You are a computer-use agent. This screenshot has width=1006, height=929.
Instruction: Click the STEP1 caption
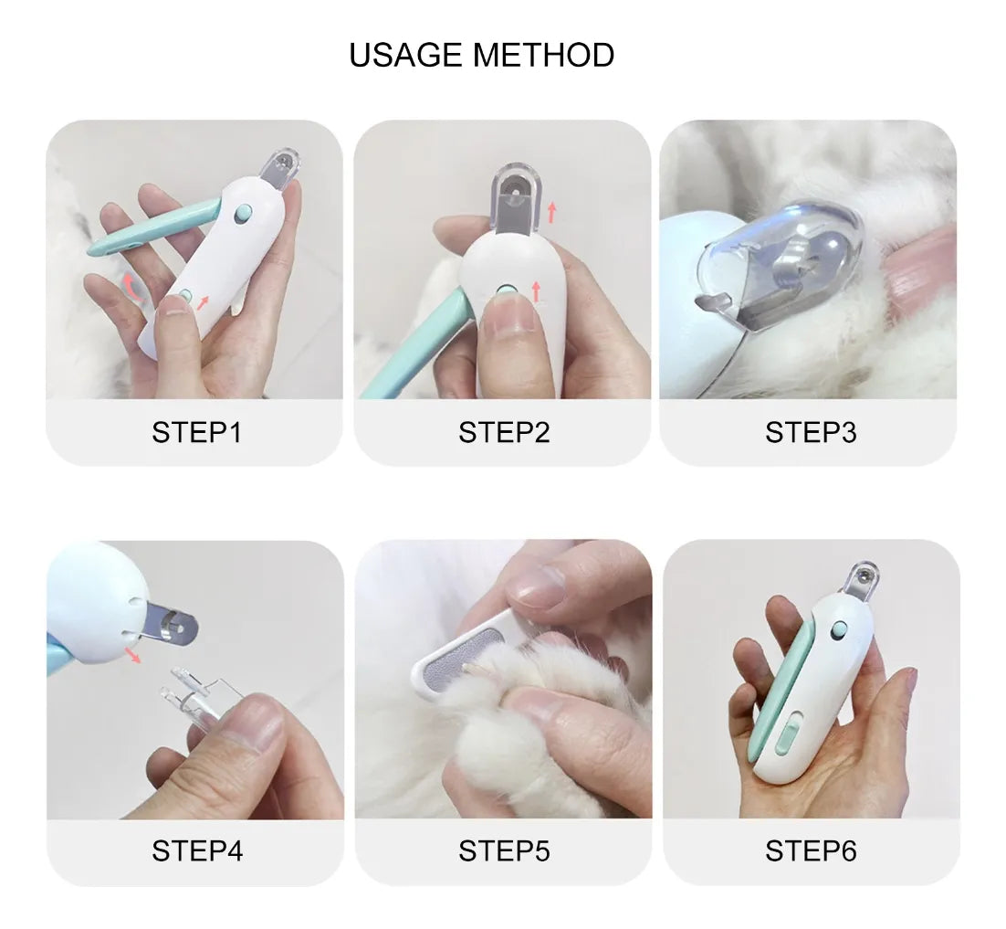tap(197, 432)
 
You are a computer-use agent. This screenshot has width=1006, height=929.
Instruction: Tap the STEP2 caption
tap(504, 432)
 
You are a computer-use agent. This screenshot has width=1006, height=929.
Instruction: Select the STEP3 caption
tap(811, 432)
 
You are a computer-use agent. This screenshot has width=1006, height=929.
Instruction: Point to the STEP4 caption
tap(197, 850)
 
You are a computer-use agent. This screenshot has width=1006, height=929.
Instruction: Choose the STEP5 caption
tap(504, 850)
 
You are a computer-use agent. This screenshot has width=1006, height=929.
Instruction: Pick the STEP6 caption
tap(811, 850)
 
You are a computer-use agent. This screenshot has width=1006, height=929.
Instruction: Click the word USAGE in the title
tap(405, 55)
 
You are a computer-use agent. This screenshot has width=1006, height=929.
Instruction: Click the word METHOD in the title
tap(543, 55)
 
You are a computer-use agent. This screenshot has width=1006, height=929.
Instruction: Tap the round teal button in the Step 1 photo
tap(244, 214)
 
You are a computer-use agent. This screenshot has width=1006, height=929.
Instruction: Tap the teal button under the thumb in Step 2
tap(507, 291)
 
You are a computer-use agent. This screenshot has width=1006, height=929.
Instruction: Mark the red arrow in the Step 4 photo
tap(132, 655)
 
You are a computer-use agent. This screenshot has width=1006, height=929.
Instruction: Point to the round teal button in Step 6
tap(838, 630)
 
